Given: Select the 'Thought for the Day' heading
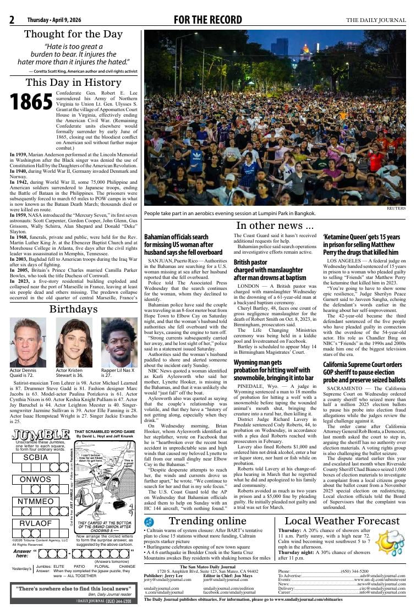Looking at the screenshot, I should [x=73, y=34].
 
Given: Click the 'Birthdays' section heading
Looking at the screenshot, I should [x=73, y=309].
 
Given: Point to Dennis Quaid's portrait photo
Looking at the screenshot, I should [x=28, y=342].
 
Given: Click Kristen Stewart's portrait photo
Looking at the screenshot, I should [x=73, y=342].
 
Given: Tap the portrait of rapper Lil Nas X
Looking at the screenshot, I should [x=119, y=342].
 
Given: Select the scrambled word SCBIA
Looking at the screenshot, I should [x=36, y=457].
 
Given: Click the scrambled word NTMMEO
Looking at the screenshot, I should [x=36, y=501].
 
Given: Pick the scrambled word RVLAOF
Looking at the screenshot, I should [x=36, y=523].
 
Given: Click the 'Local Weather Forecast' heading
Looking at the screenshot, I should [x=342, y=521].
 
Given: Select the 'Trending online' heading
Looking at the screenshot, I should [x=208, y=521].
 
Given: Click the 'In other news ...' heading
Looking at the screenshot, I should [x=275, y=225].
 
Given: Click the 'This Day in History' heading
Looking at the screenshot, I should [x=73, y=83].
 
